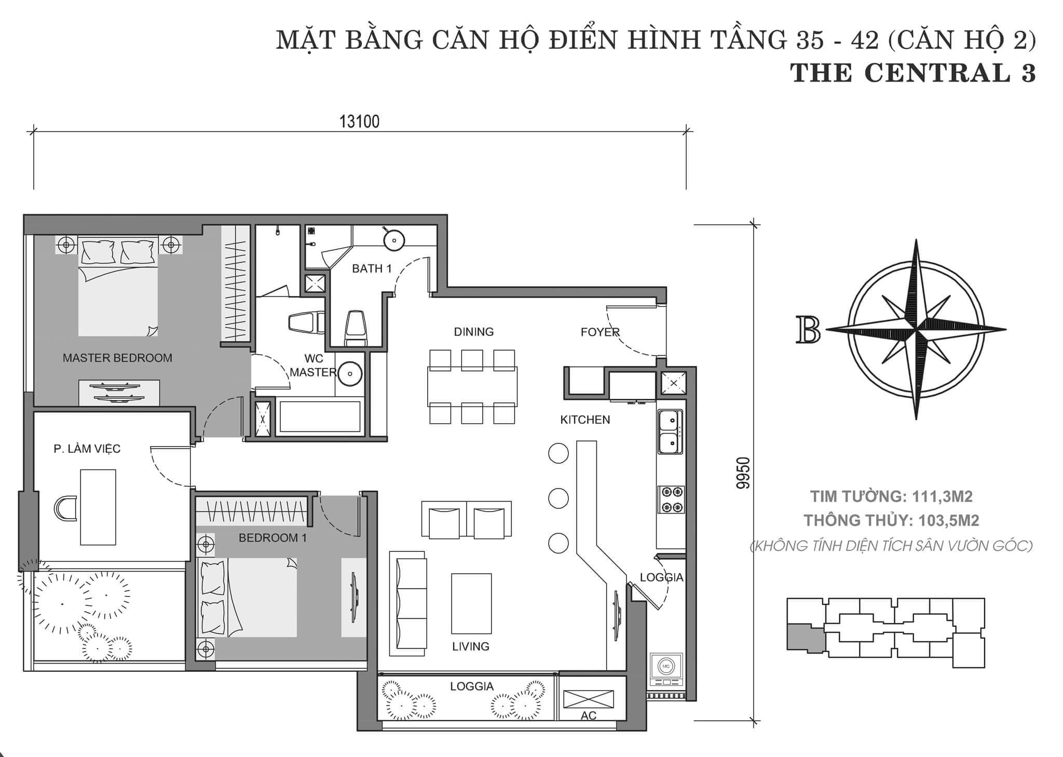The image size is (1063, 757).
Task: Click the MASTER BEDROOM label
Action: (x=117, y=358)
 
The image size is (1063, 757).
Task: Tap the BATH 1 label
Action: (x=372, y=268)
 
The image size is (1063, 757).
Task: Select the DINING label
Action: (x=474, y=332)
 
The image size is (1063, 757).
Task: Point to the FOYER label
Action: (x=600, y=332)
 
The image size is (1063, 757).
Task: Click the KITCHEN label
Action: (x=585, y=420)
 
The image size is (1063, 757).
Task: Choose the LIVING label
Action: (x=471, y=646)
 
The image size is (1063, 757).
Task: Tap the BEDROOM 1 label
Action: (x=272, y=538)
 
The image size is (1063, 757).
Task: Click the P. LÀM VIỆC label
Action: (x=87, y=448)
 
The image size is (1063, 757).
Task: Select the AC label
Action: (x=589, y=716)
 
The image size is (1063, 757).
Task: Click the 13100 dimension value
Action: (x=359, y=121)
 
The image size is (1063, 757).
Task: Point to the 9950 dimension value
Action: (x=743, y=473)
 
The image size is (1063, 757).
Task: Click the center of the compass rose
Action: (x=917, y=329)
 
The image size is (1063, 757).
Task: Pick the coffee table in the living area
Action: (x=471, y=604)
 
